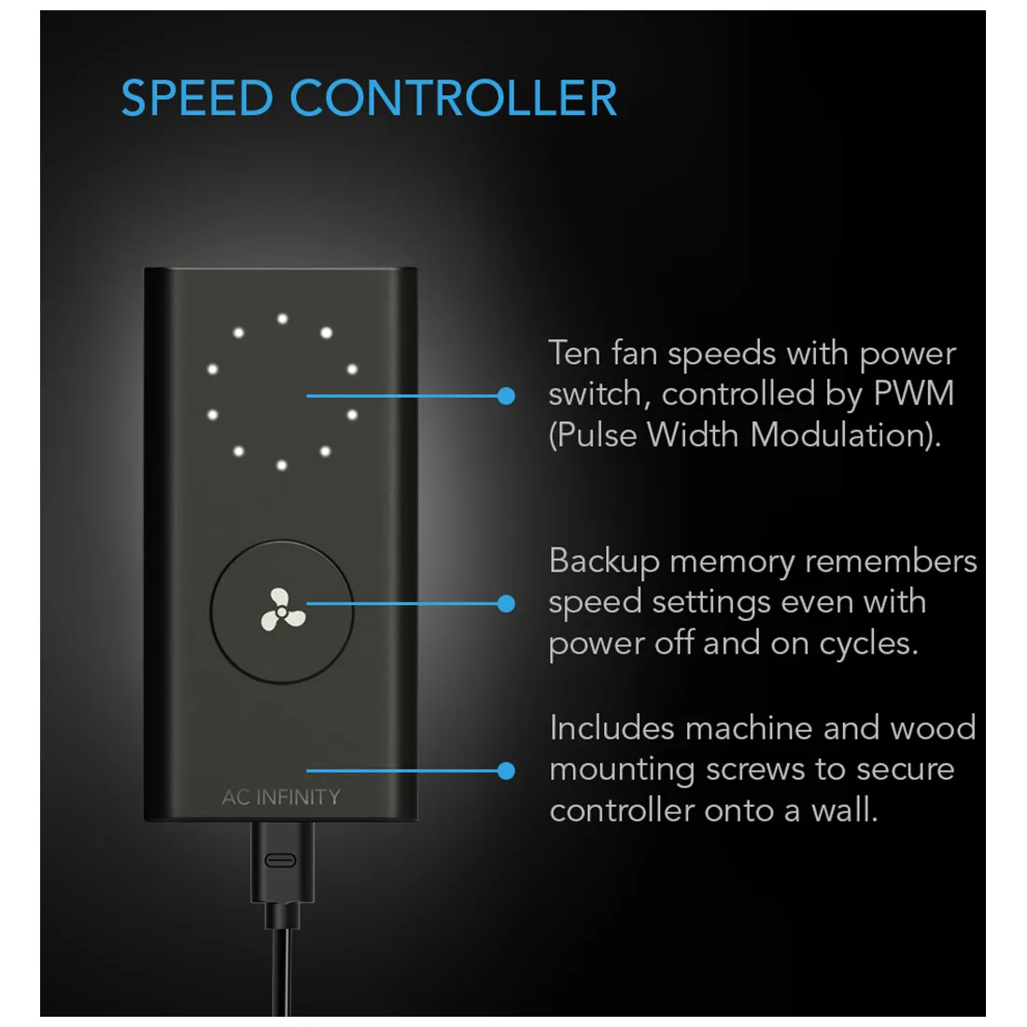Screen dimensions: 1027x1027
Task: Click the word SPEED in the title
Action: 196,98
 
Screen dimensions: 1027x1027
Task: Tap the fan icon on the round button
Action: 282,610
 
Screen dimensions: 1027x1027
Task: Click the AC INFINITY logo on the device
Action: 281,797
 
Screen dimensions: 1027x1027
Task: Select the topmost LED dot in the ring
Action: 282,319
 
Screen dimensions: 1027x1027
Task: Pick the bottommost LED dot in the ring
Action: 282,465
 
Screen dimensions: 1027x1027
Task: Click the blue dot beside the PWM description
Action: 506,396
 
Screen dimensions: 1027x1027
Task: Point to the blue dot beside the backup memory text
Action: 506,604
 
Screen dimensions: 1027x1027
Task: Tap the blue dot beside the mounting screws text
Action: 506,770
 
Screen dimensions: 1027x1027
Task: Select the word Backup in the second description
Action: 604,562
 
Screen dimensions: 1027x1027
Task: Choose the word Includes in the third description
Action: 611,728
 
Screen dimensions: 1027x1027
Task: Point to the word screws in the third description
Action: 757,770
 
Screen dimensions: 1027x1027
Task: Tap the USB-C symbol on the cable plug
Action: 281,860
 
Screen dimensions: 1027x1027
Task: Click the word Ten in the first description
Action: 573,354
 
